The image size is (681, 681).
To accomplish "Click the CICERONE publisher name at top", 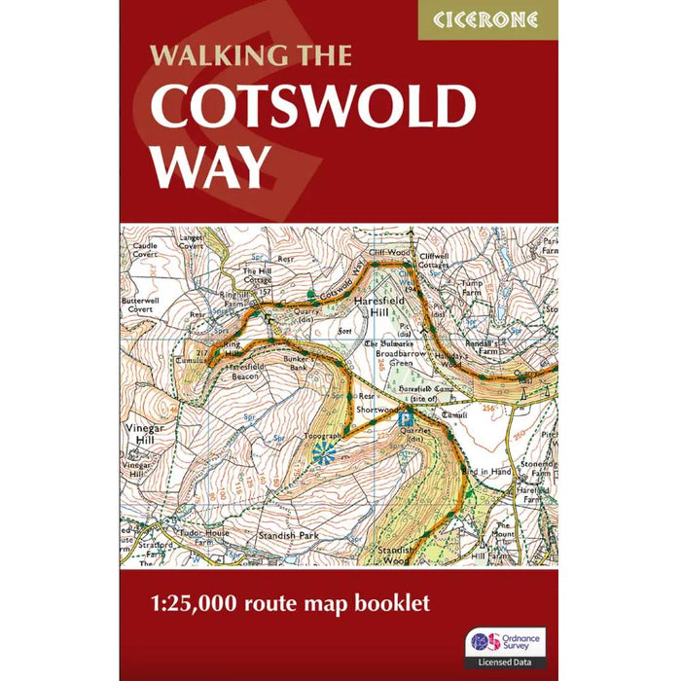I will coord(487,19).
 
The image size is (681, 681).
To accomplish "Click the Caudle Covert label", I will coord(144,251).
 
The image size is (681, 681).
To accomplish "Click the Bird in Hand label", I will coord(490,471).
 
